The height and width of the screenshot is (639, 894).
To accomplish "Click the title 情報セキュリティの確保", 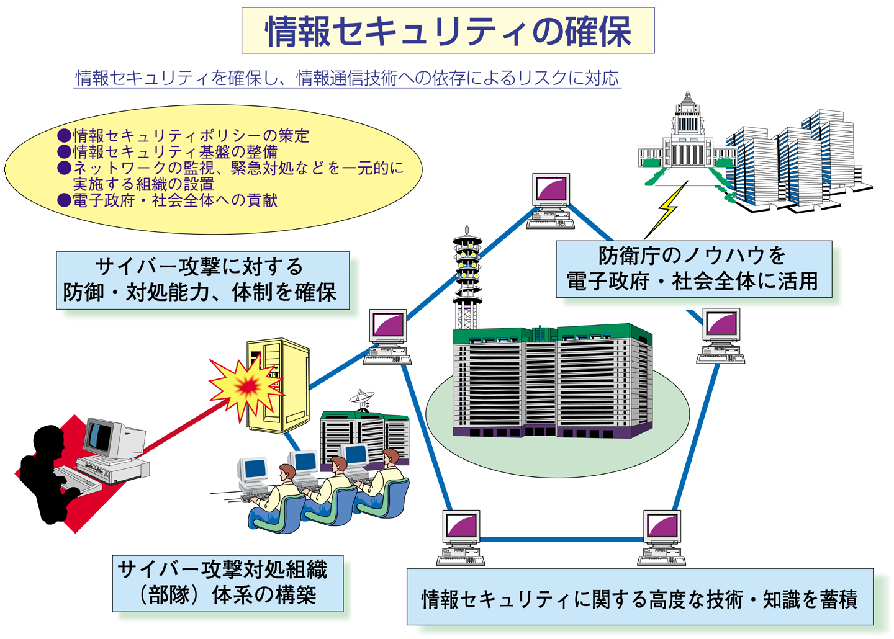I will click(448, 31).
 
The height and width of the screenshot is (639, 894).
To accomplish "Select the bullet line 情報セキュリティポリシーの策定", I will click(191, 136).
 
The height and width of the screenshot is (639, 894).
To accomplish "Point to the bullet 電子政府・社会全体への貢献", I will click(174, 200).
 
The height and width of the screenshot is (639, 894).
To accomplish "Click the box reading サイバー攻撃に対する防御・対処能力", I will click(202, 280).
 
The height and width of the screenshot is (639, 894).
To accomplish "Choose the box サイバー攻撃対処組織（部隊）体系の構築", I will click(227, 583).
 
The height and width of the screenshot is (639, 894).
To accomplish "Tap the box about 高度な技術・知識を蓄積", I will click(639, 598).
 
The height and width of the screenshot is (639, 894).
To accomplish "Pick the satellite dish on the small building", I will click(361, 396).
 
